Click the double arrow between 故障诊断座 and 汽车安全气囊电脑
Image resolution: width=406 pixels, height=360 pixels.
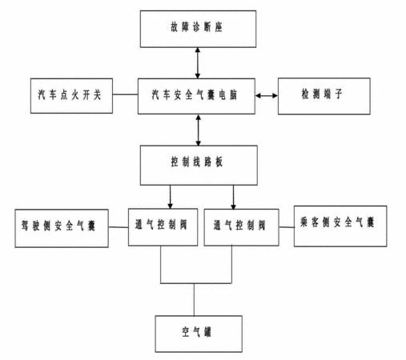pos(198,63)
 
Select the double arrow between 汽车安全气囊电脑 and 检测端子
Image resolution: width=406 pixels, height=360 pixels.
pos(267,96)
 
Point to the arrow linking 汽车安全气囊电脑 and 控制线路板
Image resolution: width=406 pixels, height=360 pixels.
pos(198,130)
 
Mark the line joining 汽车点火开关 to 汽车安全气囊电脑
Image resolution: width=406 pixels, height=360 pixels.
pos(125,94)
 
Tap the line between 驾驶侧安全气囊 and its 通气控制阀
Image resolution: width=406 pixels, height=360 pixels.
pos(119,227)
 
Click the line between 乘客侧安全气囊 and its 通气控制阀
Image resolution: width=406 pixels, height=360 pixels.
pos(287,227)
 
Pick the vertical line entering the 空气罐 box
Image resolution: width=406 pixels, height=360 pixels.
pos(194,299)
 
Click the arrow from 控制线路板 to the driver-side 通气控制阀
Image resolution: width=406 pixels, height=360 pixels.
pos(171,197)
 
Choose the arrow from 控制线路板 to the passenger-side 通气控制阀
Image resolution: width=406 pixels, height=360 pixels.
pos(233,198)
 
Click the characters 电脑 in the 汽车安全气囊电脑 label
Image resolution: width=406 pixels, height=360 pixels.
pos(228,95)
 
